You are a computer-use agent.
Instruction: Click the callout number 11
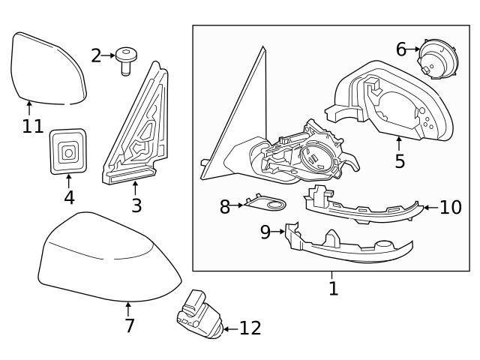[32, 126]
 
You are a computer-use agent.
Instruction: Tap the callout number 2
[96, 55]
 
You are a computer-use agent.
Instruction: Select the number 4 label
[69, 197]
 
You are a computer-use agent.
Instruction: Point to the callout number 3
[136, 205]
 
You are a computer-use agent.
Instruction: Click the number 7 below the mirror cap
[129, 325]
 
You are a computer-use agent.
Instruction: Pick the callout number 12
[249, 328]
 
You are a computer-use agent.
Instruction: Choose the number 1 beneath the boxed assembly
[333, 287]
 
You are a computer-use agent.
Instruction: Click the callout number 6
[401, 49]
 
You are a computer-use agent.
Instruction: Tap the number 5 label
[399, 160]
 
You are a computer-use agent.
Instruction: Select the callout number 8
[225, 207]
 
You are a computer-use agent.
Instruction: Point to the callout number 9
[265, 232]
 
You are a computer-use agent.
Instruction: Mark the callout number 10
[450, 207]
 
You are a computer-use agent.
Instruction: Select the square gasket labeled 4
[67, 153]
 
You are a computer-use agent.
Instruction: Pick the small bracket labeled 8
[266, 203]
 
